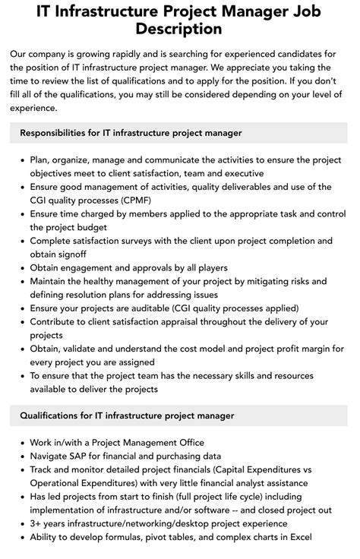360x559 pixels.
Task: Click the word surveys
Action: (x=156, y=241)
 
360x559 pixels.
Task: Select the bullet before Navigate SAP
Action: (x=21, y=456)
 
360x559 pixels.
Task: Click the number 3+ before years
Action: (x=37, y=524)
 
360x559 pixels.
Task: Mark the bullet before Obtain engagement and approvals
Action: (x=21, y=268)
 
